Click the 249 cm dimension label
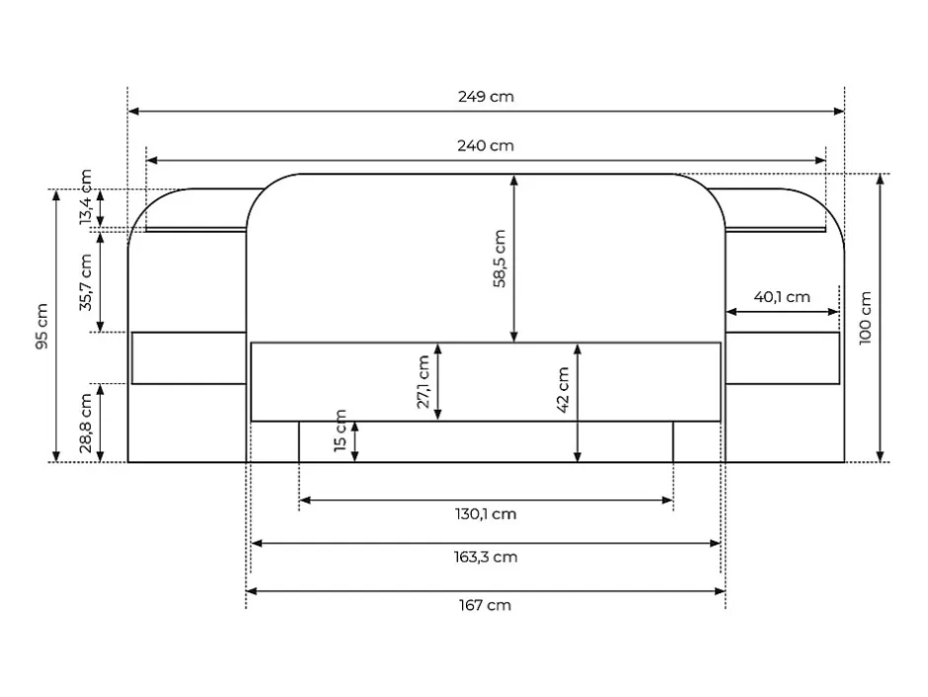486,97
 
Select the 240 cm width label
486,145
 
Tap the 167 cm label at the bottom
485,605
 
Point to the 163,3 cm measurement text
486,558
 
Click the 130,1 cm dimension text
486,514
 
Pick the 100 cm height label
865,318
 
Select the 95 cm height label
41,326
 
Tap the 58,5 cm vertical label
501,259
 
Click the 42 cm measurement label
563,389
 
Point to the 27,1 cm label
424,382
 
